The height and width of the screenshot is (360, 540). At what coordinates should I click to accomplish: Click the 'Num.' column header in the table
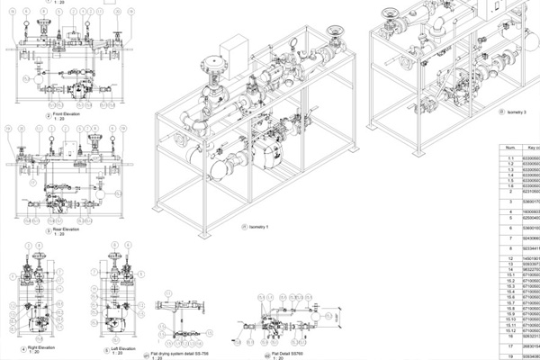509,147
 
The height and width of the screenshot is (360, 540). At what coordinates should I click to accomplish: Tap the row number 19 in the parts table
509,355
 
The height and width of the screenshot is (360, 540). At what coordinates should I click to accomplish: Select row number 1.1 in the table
509,157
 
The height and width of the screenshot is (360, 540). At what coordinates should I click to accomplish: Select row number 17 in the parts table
509,344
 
